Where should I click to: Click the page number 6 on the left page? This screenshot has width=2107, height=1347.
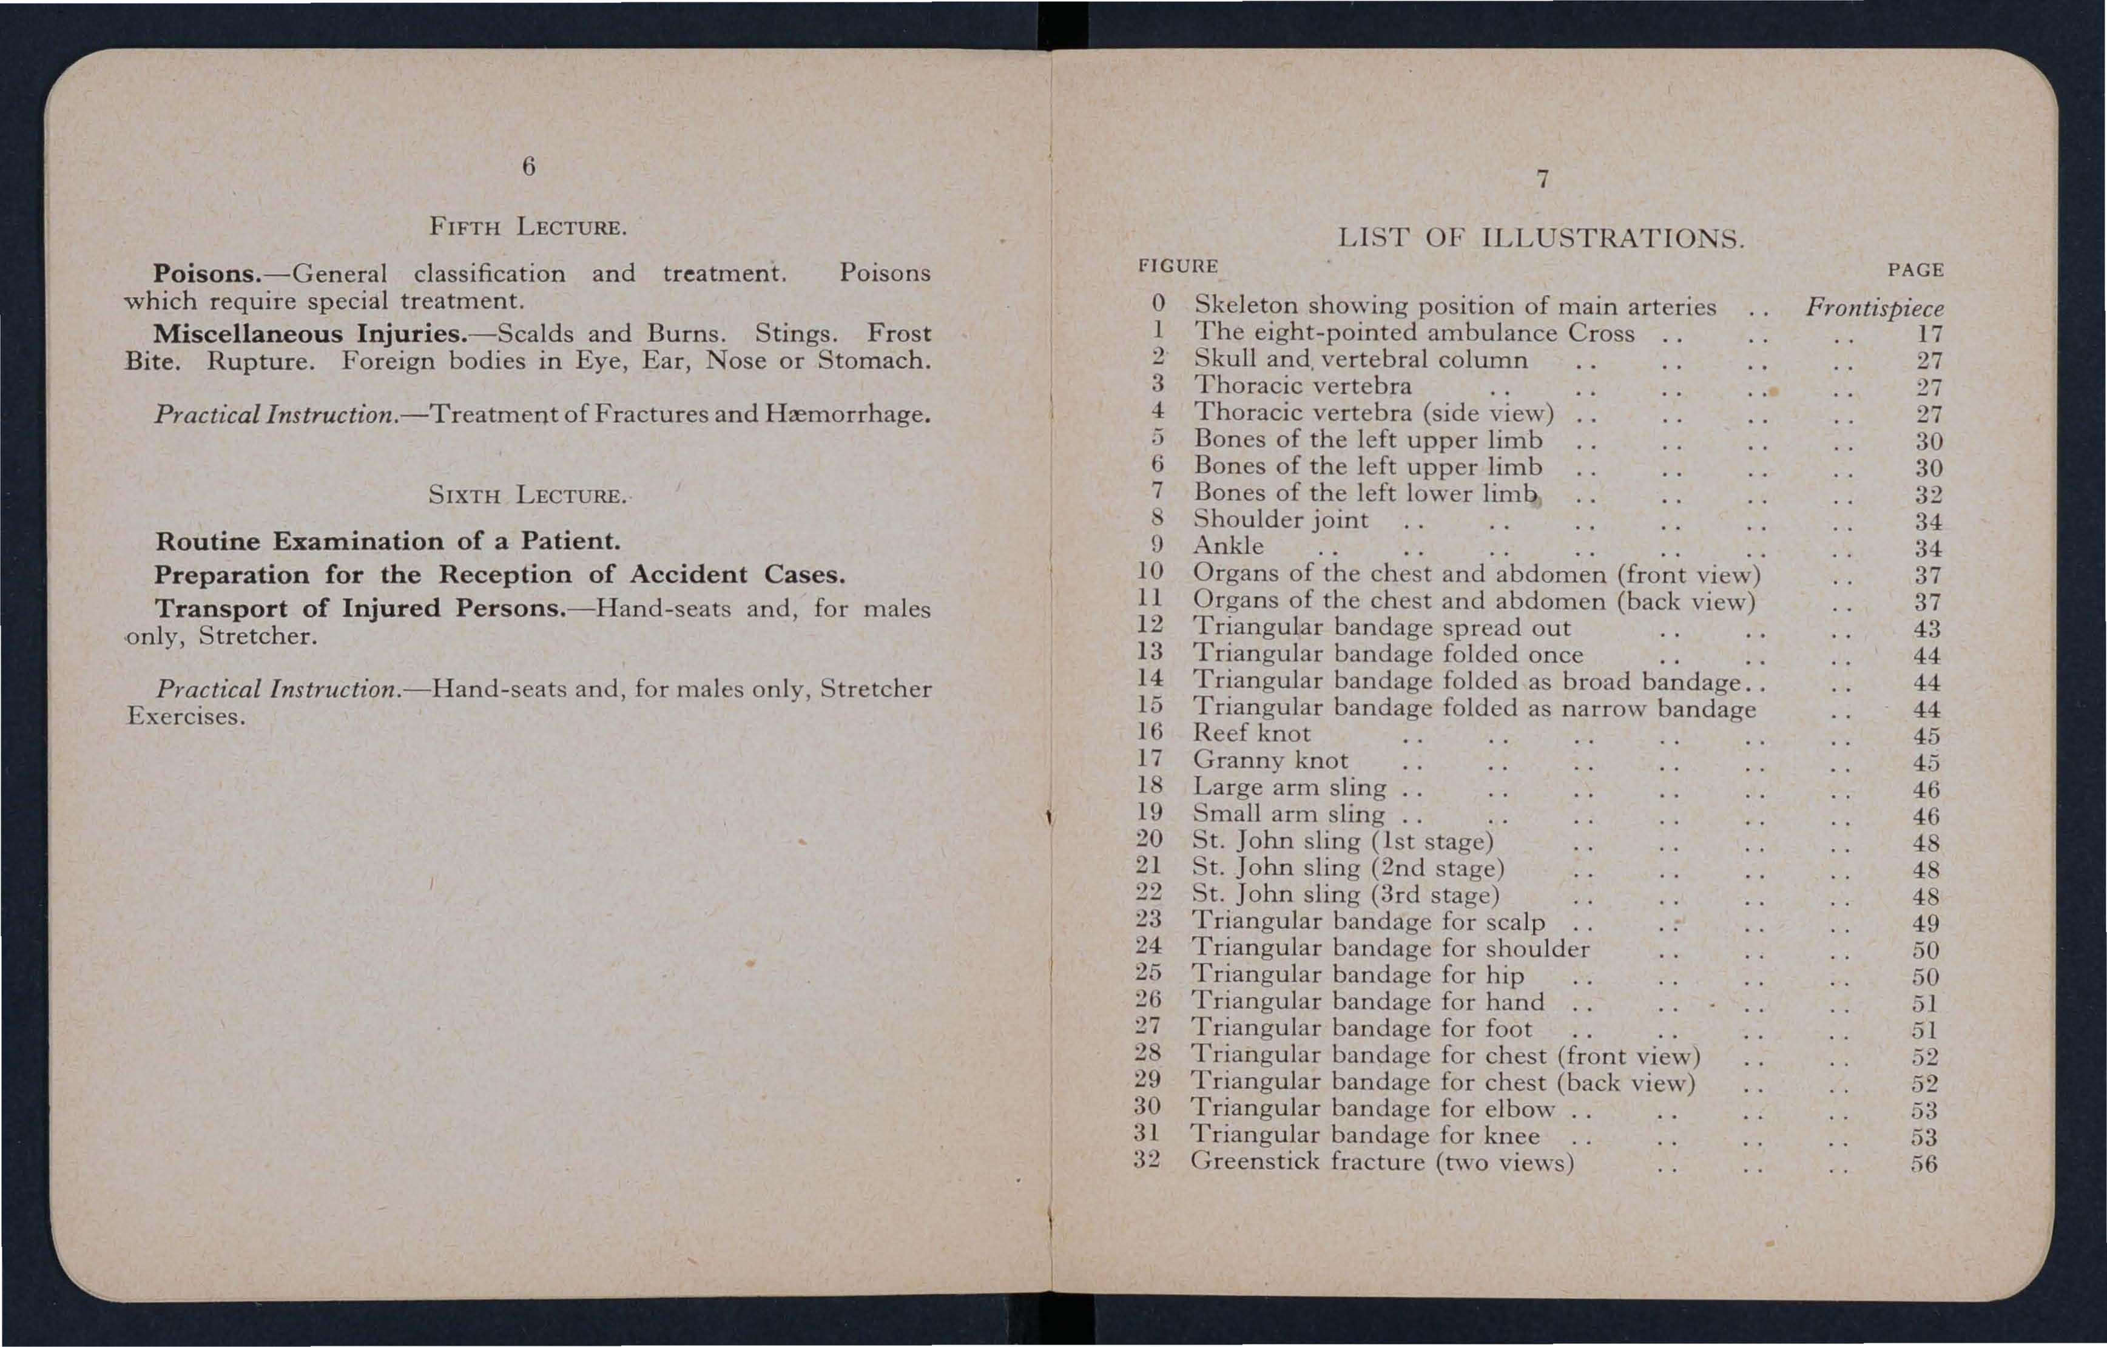pyautogui.click(x=528, y=166)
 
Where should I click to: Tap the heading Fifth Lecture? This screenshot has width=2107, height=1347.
pyautogui.click(x=528, y=228)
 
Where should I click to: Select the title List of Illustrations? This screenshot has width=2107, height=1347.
pyautogui.click(x=1541, y=238)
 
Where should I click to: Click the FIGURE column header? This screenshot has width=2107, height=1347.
pyautogui.click(x=1178, y=266)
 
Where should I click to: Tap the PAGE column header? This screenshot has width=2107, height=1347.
pyautogui.click(x=1915, y=271)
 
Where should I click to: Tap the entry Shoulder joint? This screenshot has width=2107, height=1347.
pyautogui.click(x=1280, y=520)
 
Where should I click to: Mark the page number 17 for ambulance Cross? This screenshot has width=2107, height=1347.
pyautogui.click(x=1929, y=334)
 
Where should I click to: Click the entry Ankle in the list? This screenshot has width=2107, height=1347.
pyautogui.click(x=1229, y=546)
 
